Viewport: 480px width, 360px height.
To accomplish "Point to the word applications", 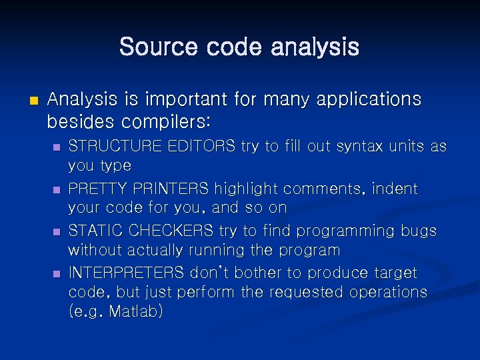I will (367, 99).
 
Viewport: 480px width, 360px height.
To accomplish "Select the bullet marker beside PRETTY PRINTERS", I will (57, 190).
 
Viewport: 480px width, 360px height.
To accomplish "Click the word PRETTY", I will (95, 189).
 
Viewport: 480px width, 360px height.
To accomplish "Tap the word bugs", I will (417, 231).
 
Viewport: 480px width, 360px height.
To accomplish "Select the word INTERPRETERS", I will (127, 273).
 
